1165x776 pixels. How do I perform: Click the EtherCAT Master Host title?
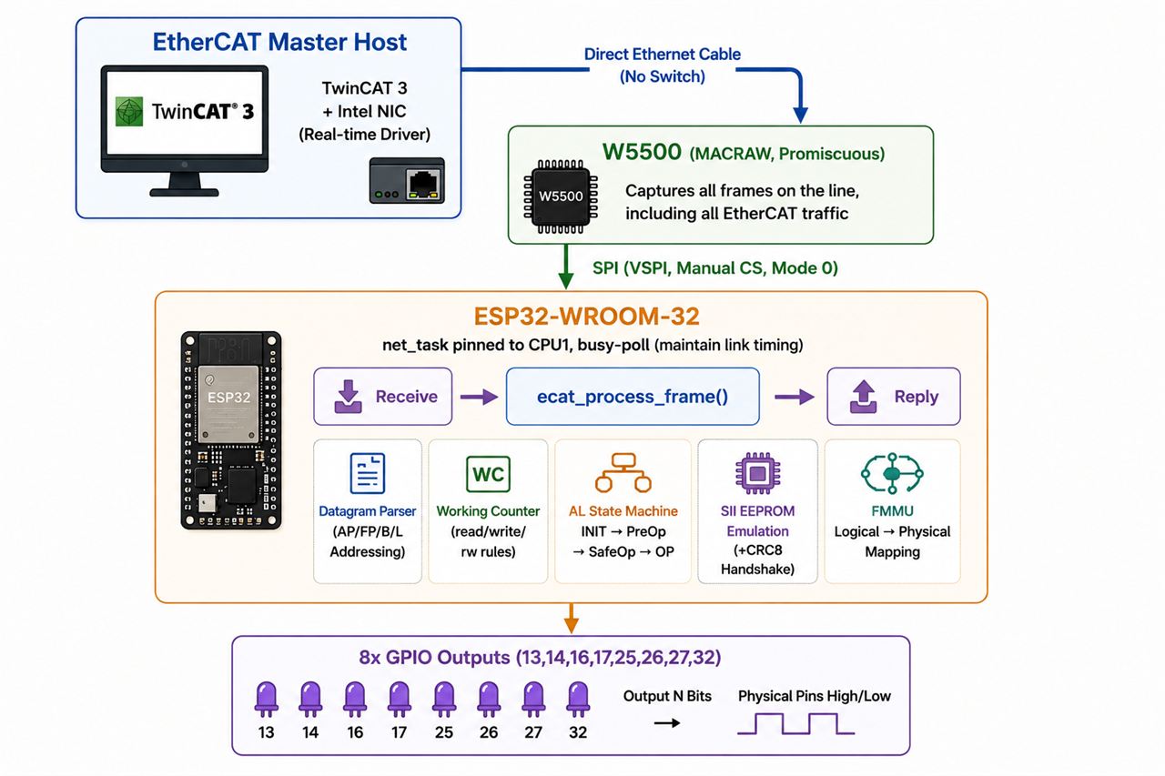pos(279,42)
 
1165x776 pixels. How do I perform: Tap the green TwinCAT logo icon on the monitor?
pos(129,111)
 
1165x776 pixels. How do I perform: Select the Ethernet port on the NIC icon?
pos(423,184)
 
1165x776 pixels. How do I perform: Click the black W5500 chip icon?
pos(561,196)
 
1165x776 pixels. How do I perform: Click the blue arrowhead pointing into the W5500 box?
pos(800,115)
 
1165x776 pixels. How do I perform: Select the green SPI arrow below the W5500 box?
pos(566,267)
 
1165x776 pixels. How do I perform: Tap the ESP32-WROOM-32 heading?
pos(587,316)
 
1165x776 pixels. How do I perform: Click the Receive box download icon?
pos(348,397)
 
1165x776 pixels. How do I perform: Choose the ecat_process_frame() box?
pos(633,397)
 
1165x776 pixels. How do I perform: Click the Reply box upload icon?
pos(864,397)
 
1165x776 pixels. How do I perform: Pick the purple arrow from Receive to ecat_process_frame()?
pos(479,397)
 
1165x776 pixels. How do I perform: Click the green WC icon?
pos(488,473)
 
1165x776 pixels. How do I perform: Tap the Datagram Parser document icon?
pos(367,473)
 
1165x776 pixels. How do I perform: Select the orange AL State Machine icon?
pos(623,472)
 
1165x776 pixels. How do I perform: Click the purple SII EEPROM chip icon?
pos(757,473)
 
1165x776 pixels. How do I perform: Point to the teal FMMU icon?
pos(892,473)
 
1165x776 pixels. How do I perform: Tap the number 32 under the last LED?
pos(578,732)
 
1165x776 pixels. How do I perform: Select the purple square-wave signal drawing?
pos(795,724)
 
